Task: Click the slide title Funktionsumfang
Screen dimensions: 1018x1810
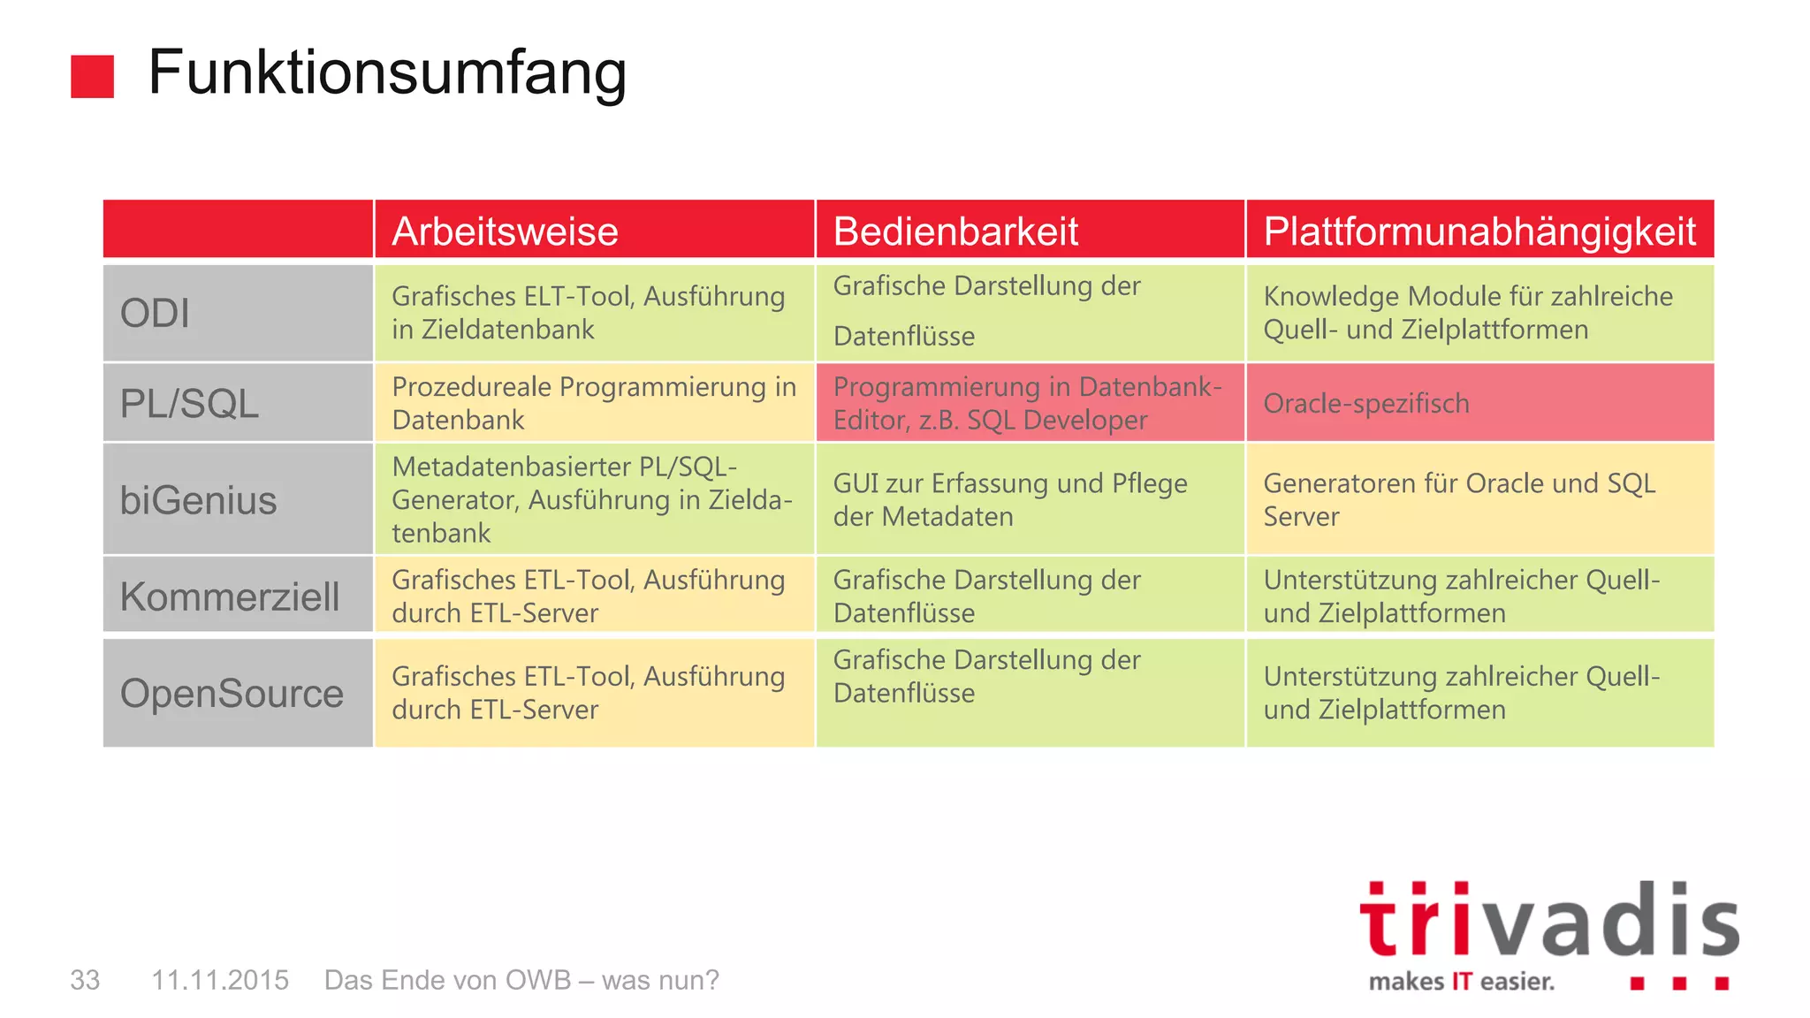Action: click(x=387, y=72)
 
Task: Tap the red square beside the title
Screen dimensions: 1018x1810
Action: click(x=92, y=76)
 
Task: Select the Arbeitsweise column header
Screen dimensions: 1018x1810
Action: click(x=505, y=231)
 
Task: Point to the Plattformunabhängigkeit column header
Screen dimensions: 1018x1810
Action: click(x=1479, y=231)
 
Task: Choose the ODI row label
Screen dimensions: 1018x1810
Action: click(x=155, y=313)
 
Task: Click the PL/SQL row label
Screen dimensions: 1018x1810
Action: click(x=189, y=403)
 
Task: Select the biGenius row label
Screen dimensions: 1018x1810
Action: click(x=198, y=500)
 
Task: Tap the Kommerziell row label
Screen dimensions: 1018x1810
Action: click(x=230, y=596)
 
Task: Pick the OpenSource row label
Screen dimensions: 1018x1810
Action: click(x=232, y=693)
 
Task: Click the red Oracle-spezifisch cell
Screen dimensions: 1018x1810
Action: click(x=1479, y=403)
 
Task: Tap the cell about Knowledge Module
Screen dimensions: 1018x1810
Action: click(x=1479, y=313)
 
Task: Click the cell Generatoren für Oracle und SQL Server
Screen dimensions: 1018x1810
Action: click(x=1479, y=499)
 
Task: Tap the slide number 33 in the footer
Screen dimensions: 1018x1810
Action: click(x=85, y=980)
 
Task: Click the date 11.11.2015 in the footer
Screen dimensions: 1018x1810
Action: click(x=220, y=980)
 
